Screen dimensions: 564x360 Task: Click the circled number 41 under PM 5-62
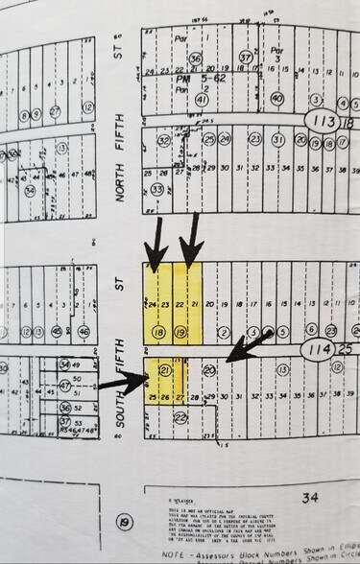tap(202, 99)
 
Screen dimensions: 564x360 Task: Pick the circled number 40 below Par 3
tap(276, 98)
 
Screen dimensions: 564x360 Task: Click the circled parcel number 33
tap(156, 191)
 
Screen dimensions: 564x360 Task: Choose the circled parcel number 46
tap(84, 332)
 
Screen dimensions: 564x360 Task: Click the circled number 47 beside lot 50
tap(64, 386)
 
